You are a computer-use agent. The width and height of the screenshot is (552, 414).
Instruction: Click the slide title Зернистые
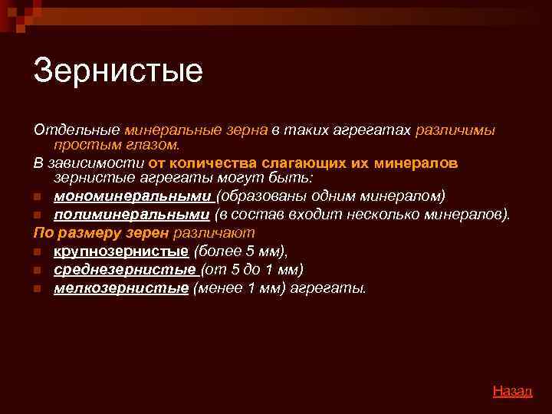tap(118, 71)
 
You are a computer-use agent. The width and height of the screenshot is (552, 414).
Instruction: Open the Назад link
tap(512, 391)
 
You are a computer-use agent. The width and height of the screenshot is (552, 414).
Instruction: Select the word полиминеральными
tap(132, 214)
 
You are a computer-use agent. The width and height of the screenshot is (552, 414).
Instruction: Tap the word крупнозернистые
tap(121, 251)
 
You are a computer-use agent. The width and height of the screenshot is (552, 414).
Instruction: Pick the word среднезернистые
tap(124, 269)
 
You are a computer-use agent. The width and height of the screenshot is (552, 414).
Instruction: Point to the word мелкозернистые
tap(121, 288)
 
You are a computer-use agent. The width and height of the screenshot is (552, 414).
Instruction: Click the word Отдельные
tap(75, 130)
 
